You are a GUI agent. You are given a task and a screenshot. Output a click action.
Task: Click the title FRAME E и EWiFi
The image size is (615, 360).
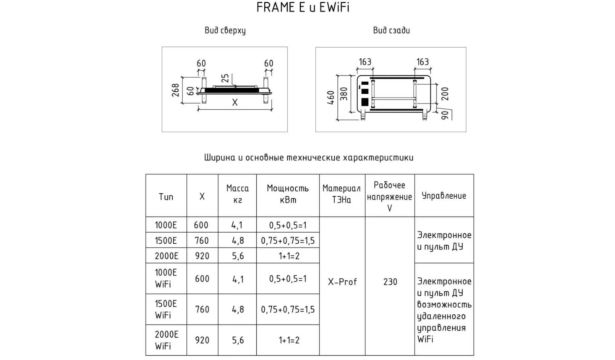pyautogui.click(x=303, y=7)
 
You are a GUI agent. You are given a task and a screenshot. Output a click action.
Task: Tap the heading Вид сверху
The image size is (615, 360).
pyautogui.click(x=225, y=31)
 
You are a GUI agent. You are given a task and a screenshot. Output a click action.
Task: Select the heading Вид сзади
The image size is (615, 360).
pyautogui.click(x=391, y=30)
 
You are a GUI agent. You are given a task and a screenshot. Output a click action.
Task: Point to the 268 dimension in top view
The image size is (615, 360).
pyautogui.click(x=175, y=90)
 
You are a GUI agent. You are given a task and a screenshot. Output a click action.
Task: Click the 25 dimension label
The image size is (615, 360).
pyautogui.click(x=225, y=78)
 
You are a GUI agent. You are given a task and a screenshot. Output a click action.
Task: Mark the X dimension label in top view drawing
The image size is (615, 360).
pyautogui.click(x=235, y=103)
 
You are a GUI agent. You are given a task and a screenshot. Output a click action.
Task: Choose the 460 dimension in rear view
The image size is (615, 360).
pyautogui.click(x=331, y=98)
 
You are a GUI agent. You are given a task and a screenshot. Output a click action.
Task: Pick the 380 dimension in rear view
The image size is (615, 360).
pyautogui.click(x=344, y=94)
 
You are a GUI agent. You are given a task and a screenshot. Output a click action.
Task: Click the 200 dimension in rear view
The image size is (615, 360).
pyautogui.click(x=445, y=94)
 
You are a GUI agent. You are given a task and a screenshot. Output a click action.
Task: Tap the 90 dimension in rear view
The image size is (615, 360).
pyautogui.click(x=445, y=115)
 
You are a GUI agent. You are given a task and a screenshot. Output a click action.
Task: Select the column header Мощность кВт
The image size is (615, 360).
pyautogui.click(x=288, y=194)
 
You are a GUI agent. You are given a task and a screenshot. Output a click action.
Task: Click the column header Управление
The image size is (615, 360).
pyautogui.click(x=444, y=196)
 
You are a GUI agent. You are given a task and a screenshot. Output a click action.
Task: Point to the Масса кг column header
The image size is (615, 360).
pyautogui.click(x=238, y=194)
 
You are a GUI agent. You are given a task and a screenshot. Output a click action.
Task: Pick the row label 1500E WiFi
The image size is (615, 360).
pyautogui.click(x=166, y=310)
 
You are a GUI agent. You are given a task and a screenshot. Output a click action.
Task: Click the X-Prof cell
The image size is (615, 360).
pyautogui.click(x=342, y=282)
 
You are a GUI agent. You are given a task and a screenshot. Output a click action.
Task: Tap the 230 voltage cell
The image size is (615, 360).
pyautogui.click(x=390, y=282)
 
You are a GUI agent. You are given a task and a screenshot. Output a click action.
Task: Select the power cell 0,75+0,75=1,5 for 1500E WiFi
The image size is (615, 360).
pyautogui.click(x=288, y=310)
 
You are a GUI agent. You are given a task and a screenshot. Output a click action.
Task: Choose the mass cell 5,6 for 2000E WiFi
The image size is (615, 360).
pyautogui.click(x=238, y=341)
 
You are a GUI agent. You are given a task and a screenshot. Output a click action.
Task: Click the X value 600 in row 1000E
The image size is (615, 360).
pyautogui.click(x=201, y=225)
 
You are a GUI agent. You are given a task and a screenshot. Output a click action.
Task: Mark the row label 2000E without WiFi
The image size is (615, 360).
pyautogui.click(x=166, y=256)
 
